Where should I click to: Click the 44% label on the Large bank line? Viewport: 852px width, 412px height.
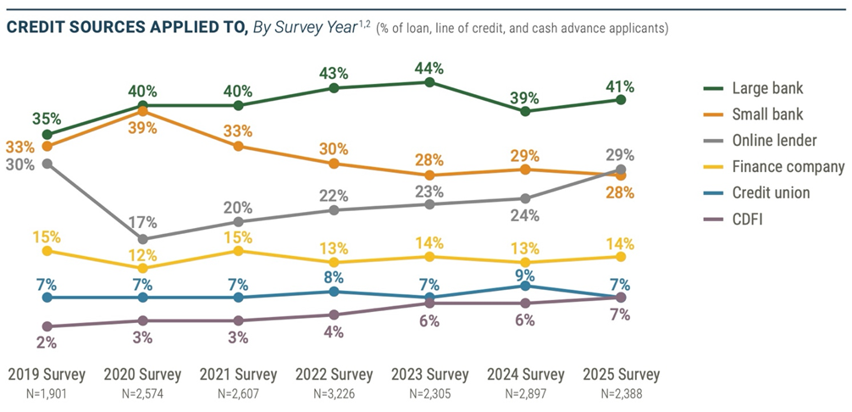(x=429, y=67)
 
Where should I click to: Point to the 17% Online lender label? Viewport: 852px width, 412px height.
(x=143, y=223)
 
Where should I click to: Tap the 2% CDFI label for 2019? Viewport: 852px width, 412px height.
(x=47, y=342)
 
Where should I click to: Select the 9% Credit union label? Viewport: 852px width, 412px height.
(x=525, y=275)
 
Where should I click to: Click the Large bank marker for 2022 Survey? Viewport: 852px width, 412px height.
(x=334, y=88)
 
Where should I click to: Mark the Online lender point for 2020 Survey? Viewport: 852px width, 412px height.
(x=143, y=239)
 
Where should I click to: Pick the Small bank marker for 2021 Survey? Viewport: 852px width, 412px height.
(x=239, y=146)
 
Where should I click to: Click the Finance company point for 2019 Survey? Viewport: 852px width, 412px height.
(x=47, y=251)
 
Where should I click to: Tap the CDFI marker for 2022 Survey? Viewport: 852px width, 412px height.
(x=334, y=315)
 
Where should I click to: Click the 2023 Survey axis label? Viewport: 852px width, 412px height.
(x=429, y=374)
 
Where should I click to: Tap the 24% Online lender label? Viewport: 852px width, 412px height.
(x=525, y=214)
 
